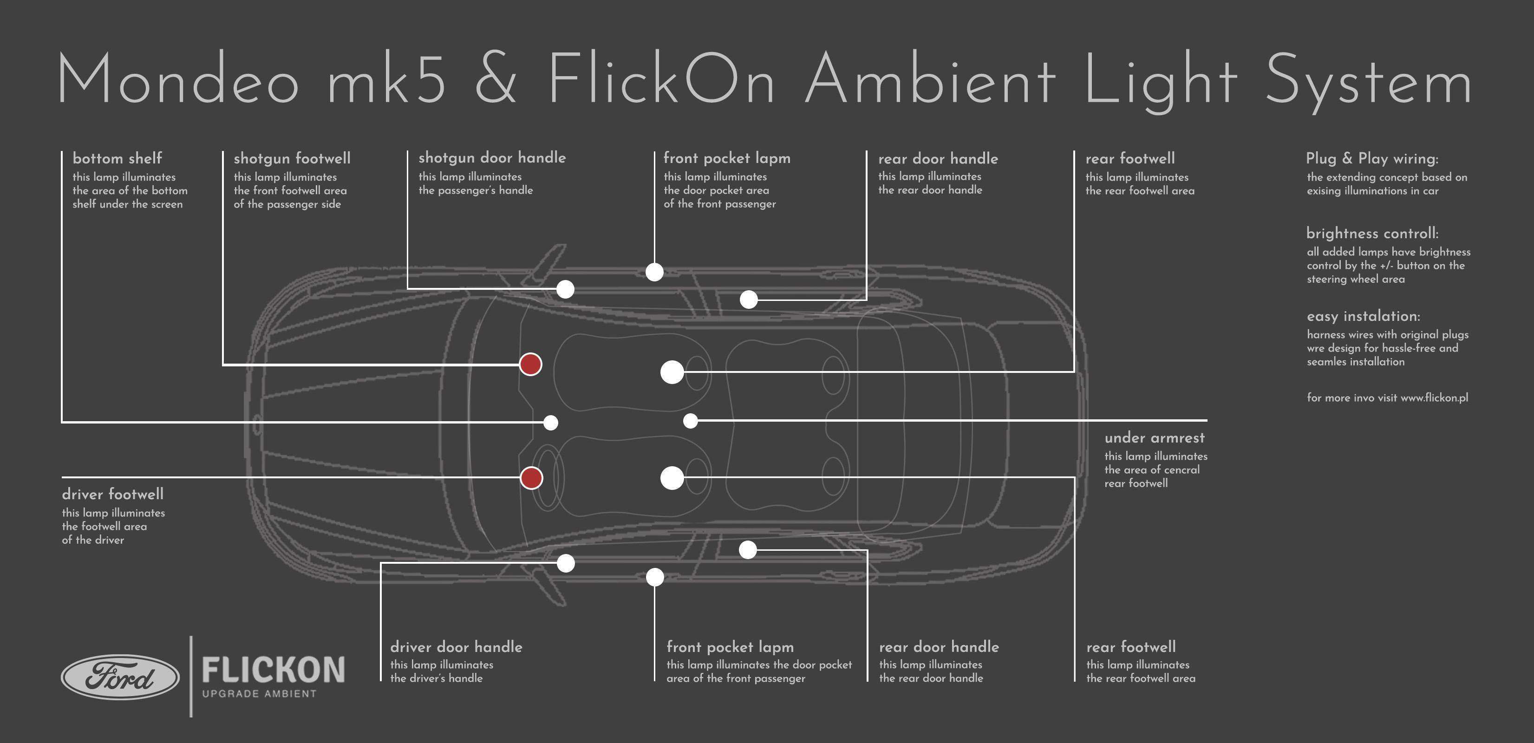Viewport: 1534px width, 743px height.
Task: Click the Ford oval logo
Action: point(120,677)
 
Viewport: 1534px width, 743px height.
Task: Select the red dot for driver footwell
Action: point(531,477)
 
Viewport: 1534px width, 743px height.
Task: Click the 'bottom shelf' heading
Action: point(117,158)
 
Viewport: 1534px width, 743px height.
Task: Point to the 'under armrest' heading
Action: point(1155,437)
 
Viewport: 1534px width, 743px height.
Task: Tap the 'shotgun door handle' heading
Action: point(492,158)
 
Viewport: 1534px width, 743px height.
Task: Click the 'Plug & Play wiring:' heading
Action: point(1372,158)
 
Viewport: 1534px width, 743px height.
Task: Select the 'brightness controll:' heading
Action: point(1372,234)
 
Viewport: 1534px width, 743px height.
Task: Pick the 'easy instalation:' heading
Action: point(1363,316)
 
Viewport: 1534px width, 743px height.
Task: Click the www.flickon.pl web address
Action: point(1434,398)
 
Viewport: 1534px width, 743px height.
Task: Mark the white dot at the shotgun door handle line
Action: point(565,289)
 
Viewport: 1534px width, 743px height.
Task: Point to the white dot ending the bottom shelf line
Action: point(551,423)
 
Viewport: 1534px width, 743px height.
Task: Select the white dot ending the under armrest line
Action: point(690,421)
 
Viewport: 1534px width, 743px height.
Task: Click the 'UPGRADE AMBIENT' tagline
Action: point(259,694)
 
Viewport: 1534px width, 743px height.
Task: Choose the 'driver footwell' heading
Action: point(112,494)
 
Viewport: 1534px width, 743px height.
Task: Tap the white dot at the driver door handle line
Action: point(566,563)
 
